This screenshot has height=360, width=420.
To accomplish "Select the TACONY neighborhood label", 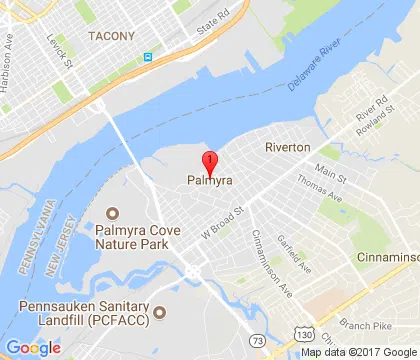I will click(x=111, y=36).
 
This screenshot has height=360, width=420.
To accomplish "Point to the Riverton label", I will click(x=288, y=147).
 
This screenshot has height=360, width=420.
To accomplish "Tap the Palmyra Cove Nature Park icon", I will click(x=112, y=213).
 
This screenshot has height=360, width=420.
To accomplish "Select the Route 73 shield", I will click(x=260, y=342).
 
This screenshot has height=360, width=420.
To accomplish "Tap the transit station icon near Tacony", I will click(x=149, y=57).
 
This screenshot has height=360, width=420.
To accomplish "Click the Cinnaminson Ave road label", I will click(x=268, y=249).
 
